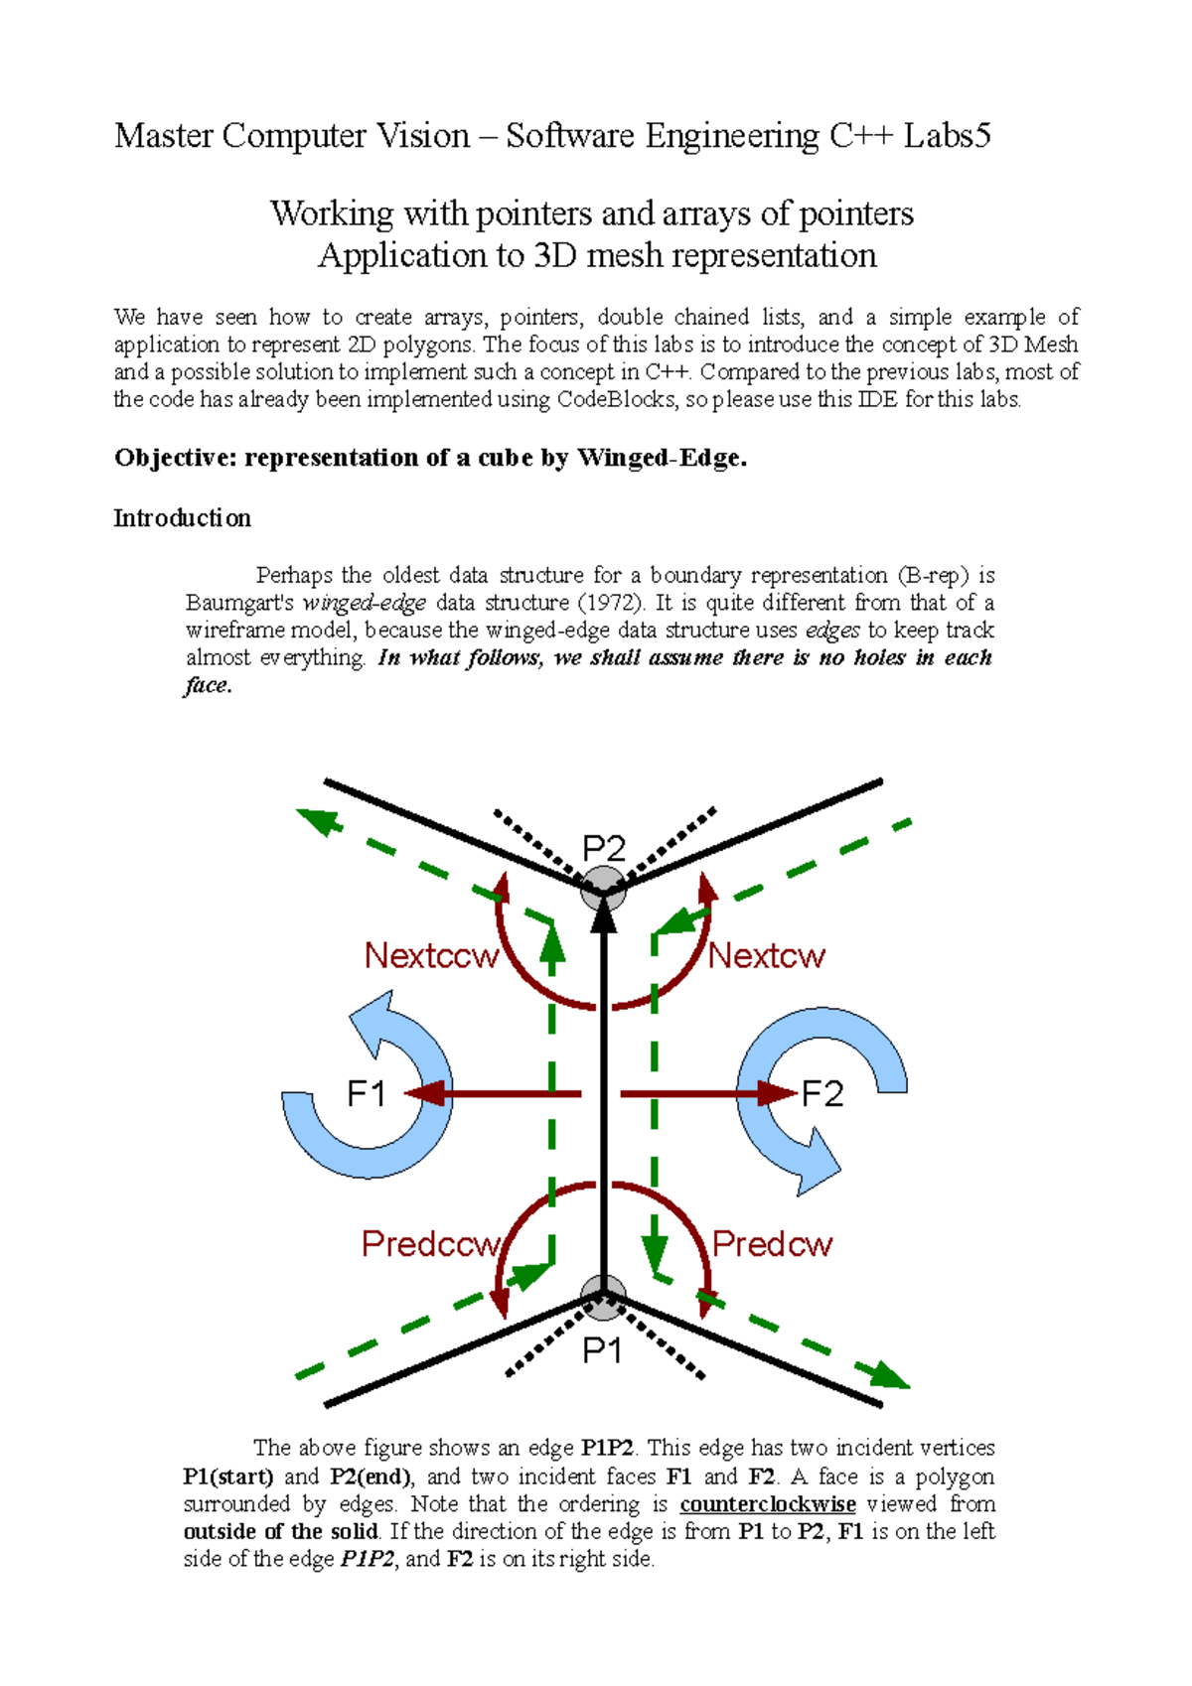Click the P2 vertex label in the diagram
click(x=603, y=849)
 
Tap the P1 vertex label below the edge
click(x=602, y=1350)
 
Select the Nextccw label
click(x=431, y=955)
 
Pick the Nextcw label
click(x=766, y=955)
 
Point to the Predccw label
click(x=431, y=1243)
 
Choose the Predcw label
click(x=772, y=1243)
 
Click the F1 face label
click(x=366, y=1094)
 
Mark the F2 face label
click(x=822, y=1094)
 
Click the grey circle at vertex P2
click(x=603, y=887)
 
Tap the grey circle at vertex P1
click(x=603, y=1298)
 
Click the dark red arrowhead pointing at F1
click(x=422, y=1094)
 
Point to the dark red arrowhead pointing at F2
click(x=780, y=1094)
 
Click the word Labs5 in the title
click(x=947, y=135)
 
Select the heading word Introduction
click(x=182, y=518)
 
